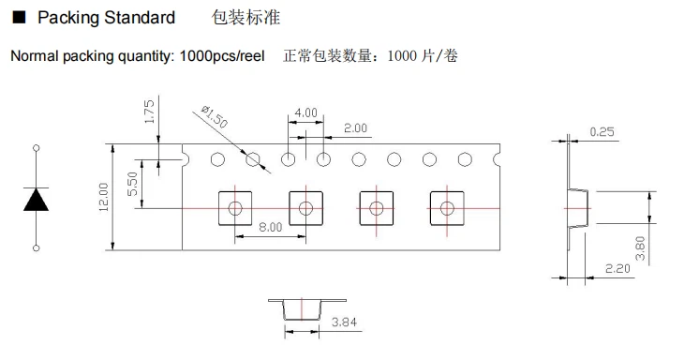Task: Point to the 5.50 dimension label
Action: pos(133,187)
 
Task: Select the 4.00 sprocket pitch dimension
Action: pos(305,112)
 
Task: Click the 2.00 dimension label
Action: pos(356,127)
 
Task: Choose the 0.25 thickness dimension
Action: pos(602,132)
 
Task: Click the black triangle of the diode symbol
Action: pos(37,199)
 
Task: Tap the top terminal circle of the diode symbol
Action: pos(37,148)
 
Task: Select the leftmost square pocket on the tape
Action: pos(234,207)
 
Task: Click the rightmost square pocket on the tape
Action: pos(446,207)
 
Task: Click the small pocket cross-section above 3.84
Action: pos(301,308)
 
